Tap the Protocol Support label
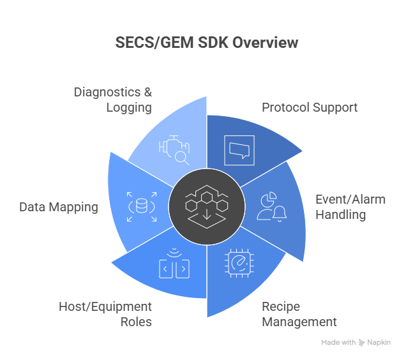click(310, 107)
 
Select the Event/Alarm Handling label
click(350, 207)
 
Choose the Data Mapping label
click(59, 207)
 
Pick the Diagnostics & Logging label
click(113, 100)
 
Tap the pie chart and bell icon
click(271, 206)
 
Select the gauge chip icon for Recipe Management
click(239, 264)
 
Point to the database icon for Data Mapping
click(141, 207)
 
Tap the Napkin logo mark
click(362, 343)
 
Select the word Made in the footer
click(330, 343)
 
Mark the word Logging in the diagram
click(129, 107)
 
